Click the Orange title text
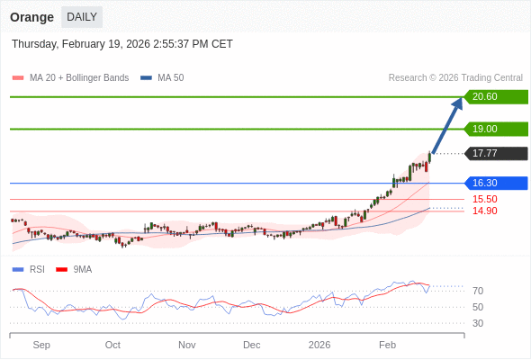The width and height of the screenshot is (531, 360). click(x=31, y=17)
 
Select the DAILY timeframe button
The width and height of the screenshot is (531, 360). click(x=82, y=17)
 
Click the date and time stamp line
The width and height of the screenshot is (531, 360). click(x=122, y=43)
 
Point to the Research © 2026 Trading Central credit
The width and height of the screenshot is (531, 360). click(x=455, y=77)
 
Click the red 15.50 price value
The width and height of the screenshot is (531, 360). click(x=484, y=199)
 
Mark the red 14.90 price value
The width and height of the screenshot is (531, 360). click(x=484, y=211)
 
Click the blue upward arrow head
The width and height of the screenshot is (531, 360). click(x=457, y=103)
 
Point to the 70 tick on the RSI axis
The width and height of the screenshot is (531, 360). click(x=478, y=291)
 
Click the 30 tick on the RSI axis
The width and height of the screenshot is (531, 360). click(x=478, y=323)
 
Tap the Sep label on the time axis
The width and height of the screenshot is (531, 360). click(x=41, y=345)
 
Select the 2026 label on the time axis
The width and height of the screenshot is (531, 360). click(x=319, y=345)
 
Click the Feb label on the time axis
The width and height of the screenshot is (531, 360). click(x=387, y=345)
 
